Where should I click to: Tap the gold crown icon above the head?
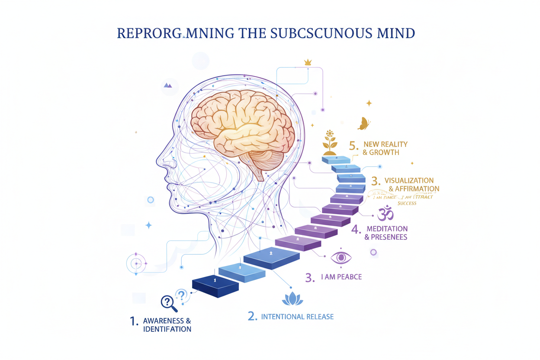308,62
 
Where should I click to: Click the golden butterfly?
363,124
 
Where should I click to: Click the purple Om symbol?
385,213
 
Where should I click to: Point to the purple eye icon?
341,258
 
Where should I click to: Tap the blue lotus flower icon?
292,298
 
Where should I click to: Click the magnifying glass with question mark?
169,303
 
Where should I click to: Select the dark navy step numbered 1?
215,283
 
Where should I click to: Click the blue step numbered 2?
271,257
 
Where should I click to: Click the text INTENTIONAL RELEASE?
297,317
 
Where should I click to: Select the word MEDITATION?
387,228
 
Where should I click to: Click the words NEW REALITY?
385,145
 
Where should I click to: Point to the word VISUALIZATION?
409,180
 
